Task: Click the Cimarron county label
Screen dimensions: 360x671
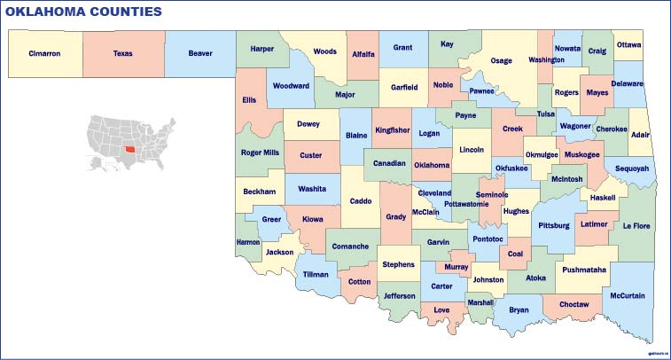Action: [x=44, y=53]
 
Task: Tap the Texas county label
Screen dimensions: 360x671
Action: [x=122, y=53]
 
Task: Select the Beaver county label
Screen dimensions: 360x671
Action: [x=200, y=53]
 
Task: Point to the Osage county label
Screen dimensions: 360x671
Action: [x=502, y=60]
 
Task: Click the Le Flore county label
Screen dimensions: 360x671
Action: [x=636, y=226]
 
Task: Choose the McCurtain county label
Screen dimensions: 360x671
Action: [x=628, y=295]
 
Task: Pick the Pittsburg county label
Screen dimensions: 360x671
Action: [x=554, y=226]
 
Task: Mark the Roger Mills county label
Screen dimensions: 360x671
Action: [x=260, y=153]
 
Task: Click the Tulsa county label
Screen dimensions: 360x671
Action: [x=546, y=113]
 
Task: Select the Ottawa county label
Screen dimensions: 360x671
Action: [x=628, y=44]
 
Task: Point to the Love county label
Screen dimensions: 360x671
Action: [x=441, y=309]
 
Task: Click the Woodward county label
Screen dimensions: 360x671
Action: [x=291, y=86]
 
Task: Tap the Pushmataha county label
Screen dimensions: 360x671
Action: [x=584, y=269]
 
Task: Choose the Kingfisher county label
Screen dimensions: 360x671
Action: [x=392, y=130]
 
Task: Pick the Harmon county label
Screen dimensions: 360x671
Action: [x=248, y=242]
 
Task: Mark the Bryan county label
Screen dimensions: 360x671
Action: [x=519, y=309]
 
